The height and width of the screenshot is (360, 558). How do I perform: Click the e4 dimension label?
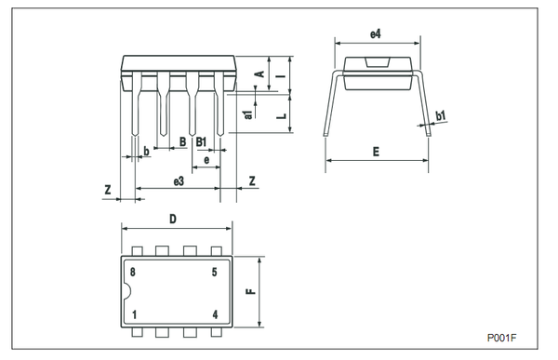[x=376, y=34]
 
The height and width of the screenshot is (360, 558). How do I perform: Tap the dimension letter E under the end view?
[x=376, y=152]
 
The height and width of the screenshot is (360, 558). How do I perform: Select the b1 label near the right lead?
[x=441, y=115]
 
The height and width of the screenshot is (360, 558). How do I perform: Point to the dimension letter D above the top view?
[x=173, y=219]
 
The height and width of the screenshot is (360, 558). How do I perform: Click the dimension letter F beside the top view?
[x=251, y=291]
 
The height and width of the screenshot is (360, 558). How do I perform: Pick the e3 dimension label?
[x=179, y=181]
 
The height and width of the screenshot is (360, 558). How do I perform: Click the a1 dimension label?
[x=248, y=114]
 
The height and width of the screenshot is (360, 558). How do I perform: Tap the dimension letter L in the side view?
[x=282, y=115]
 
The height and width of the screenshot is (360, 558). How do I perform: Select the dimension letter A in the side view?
[x=260, y=74]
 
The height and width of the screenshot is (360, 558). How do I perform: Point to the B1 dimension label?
[x=201, y=142]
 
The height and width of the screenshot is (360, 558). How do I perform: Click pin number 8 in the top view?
[x=133, y=273]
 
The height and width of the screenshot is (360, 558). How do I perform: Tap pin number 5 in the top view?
[x=214, y=273]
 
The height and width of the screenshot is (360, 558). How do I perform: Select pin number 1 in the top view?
[x=134, y=314]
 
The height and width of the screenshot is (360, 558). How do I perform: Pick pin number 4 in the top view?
[x=215, y=314]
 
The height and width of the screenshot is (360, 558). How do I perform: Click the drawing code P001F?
[x=501, y=338]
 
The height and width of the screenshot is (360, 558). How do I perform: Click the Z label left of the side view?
[x=108, y=190]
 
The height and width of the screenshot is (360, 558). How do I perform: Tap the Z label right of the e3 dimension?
[x=252, y=180]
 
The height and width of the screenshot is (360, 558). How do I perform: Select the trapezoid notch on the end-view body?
[x=378, y=62]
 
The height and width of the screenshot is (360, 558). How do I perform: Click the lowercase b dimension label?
[x=146, y=152]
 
